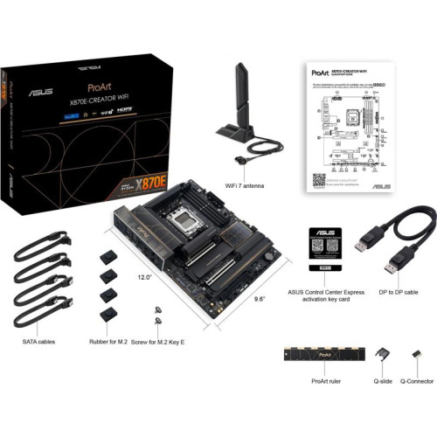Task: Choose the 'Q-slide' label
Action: pos(381,382)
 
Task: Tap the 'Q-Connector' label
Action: pos(417,382)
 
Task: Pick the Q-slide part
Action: pos(381,356)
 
